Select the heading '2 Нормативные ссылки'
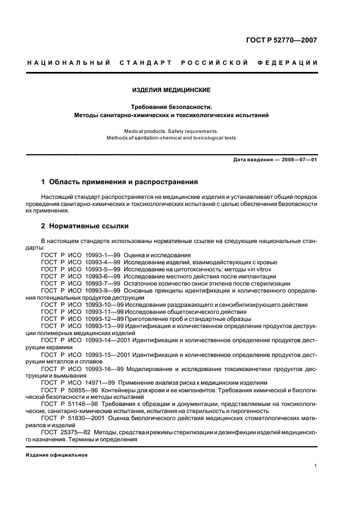(x=85, y=226)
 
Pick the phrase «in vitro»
(x=258, y=269)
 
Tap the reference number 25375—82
(x=76, y=432)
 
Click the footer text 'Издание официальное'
(x=57, y=455)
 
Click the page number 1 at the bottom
(x=316, y=466)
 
